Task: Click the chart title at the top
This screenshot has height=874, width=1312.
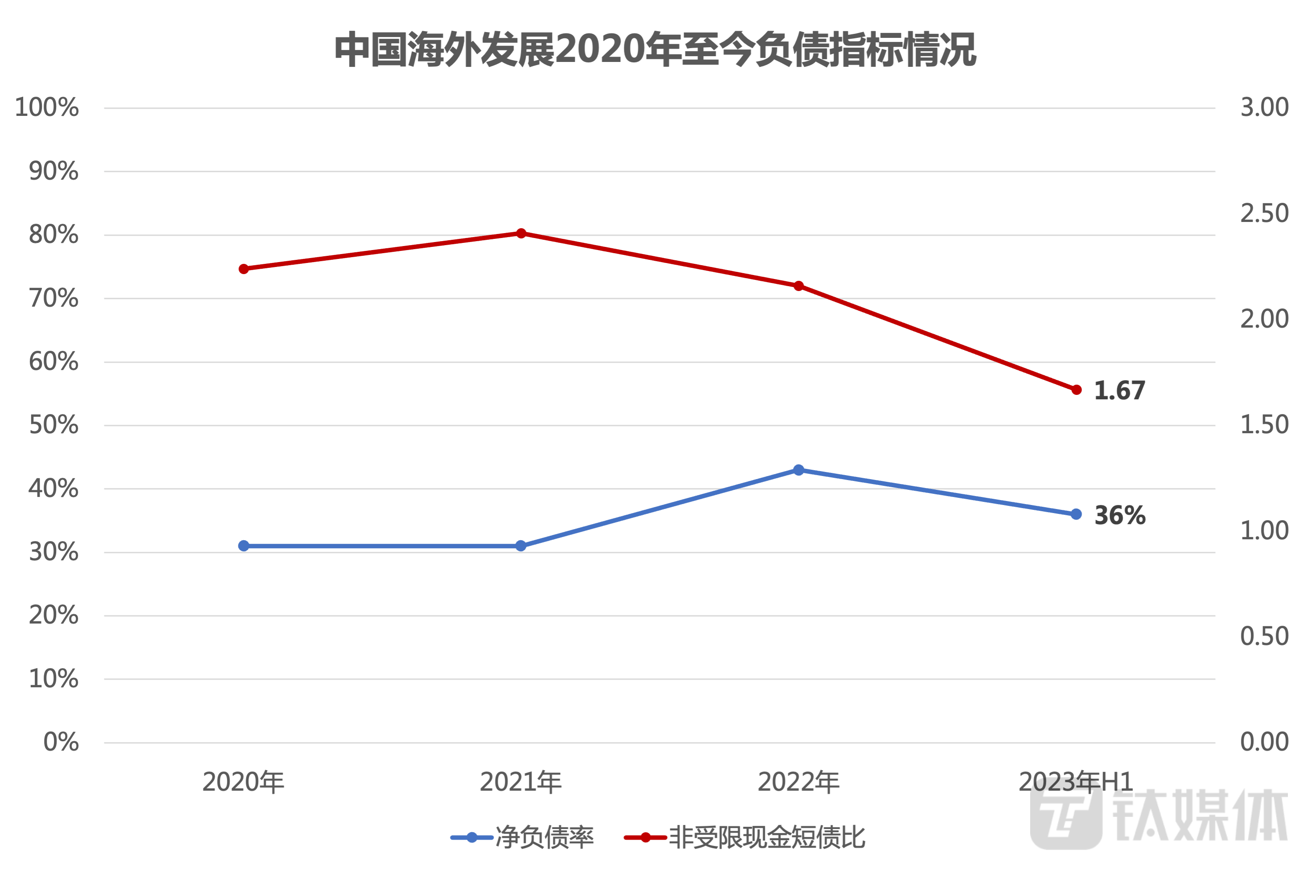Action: [656, 50]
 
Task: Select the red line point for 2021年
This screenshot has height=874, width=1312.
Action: [521, 233]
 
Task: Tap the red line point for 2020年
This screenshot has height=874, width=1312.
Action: [243, 269]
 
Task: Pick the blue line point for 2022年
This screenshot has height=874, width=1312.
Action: [798, 471]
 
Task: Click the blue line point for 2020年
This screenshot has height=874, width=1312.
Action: [243, 546]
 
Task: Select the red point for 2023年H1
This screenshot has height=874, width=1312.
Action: [1076, 390]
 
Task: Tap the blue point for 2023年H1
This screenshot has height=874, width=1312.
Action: [1076, 514]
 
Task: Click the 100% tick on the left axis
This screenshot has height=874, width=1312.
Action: [47, 107]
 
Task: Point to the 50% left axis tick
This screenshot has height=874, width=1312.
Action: [54, 425]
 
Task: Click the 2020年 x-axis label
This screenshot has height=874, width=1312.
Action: [243, 783]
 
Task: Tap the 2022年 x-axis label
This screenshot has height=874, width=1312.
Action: [798, 783]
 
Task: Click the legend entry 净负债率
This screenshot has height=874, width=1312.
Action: [544, 838]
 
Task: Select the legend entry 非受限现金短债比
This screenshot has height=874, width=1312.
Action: [766, 838]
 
